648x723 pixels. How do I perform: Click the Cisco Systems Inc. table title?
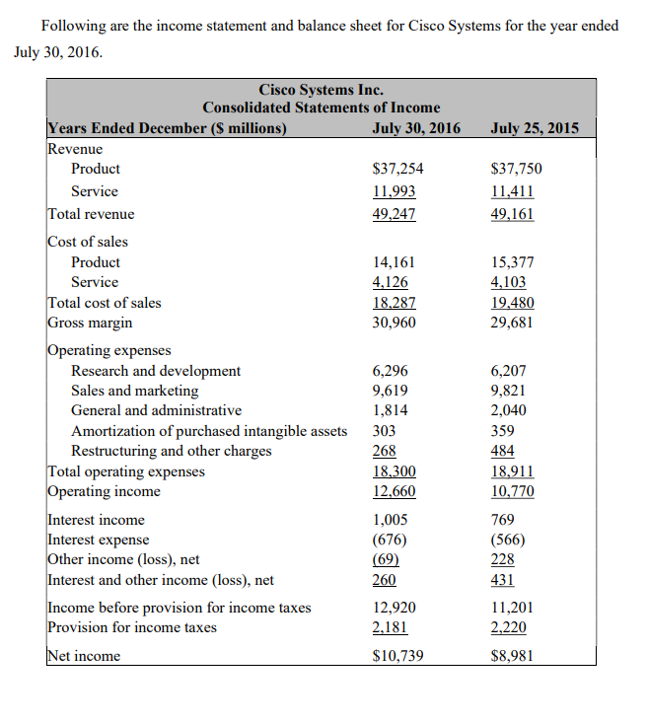pyautogui.click(x=321, y=90)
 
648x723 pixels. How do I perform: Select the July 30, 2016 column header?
pyautogui.click(x=416, y=128)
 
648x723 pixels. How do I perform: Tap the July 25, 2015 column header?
pyautogui.click(x=534, y=128)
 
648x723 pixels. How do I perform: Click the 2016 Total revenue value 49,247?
pyautogui.click(x=394, y=214)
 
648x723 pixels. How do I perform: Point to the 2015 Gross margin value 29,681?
pyautogui.click(x=512, y=323)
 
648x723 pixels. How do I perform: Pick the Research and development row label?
pyautogui.click(x=156, y=371)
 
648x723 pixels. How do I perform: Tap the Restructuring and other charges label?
pyautogui.click(x=172, y=451)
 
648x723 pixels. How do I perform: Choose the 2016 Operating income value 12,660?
pyautogui.click(x=394, y=491)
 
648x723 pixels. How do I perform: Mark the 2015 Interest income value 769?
pyautogui.click(x=503, y=520)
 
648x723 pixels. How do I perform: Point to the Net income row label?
pyautogui.click(x=84, y=656)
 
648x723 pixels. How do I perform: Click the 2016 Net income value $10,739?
pyautogui.click(x=398, y=656)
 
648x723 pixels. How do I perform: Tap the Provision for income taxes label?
pyautogui.click(x=132, y=627)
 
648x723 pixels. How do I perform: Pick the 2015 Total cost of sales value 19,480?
pyautogui.click(x=512, y=303)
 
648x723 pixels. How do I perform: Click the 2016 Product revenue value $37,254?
pyautogui.click(x=398, y=169)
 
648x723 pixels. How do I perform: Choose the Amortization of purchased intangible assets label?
pyautogui.click(x=209, y=431)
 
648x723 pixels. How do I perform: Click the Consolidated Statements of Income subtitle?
pyautogui.click(x=322, y=108)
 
